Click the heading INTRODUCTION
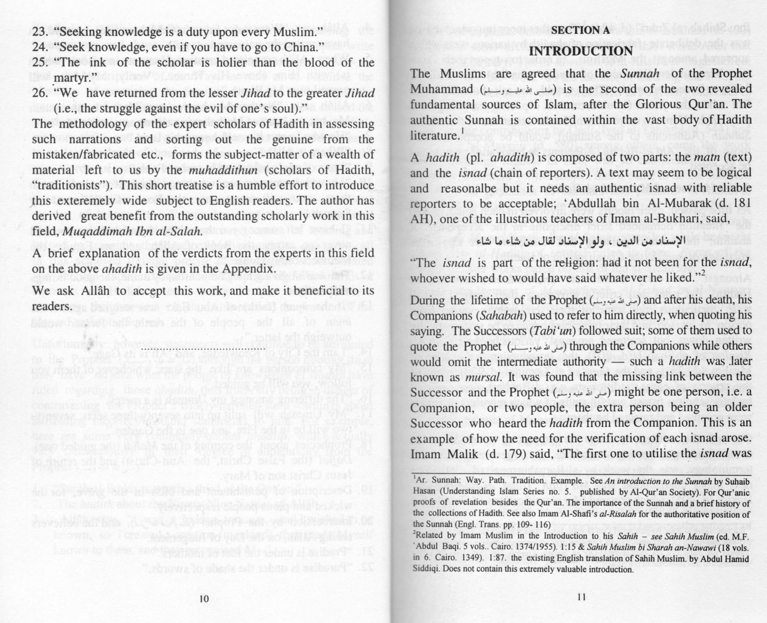pyautogui.click(x=581, y=51)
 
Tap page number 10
pyautogui.click(x=204, y=599)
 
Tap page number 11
pyautogui.click(x=581, y=596)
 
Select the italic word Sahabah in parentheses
pyautogui.click(x=497, y=316)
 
